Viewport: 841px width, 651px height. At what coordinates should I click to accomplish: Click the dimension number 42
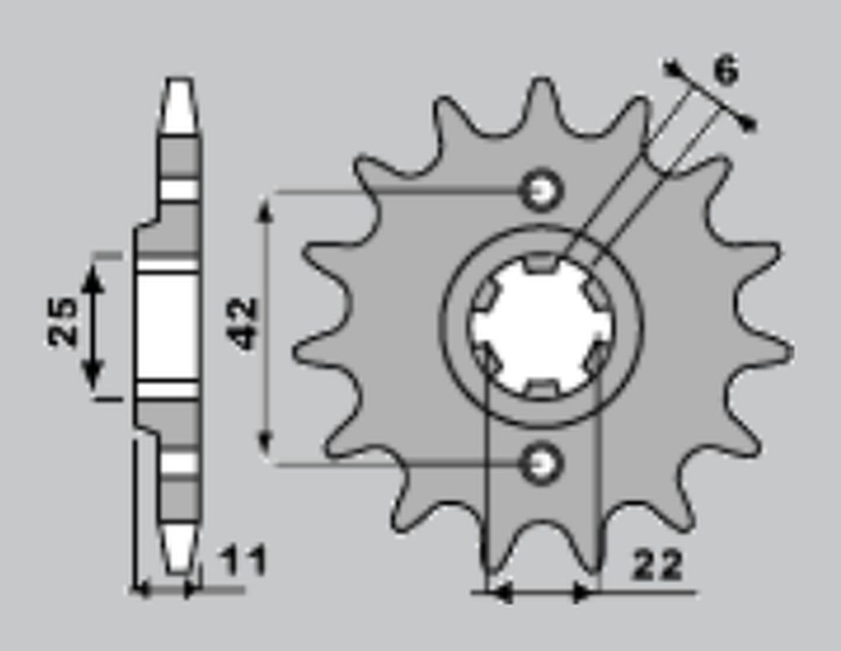(243, 324)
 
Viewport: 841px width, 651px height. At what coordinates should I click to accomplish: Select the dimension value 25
(62, 322)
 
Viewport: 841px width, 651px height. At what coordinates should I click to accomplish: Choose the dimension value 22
(658, 566)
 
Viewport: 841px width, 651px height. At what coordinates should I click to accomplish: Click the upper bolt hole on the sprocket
(541, 191)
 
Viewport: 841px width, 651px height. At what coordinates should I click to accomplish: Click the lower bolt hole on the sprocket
(541, 463)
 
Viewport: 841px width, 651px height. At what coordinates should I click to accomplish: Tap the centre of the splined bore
(541, 325)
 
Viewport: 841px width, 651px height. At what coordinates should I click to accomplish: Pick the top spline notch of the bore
(541, 263)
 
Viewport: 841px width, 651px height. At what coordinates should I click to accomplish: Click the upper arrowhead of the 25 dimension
(93, 277)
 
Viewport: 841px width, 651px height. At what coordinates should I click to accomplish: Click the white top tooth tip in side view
(179, 106)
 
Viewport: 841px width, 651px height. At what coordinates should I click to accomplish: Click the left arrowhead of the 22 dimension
(498, 593)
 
